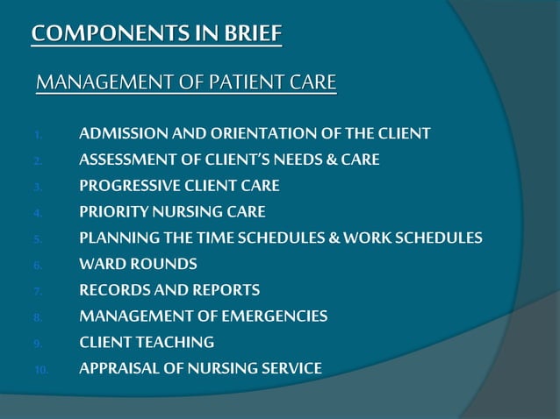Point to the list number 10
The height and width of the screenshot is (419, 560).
(x=40, y=370)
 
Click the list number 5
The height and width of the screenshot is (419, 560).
(x=38, y=239)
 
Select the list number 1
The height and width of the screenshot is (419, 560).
(x=38, y=136)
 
